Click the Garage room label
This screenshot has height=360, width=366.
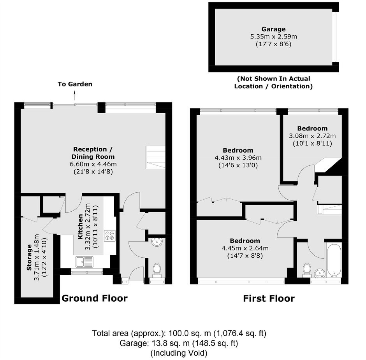[x=273, y=29]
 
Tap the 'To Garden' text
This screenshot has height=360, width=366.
[x=75, y=84]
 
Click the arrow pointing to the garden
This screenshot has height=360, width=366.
[x=75, y=96]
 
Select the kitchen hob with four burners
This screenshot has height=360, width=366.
[x=110, y=235]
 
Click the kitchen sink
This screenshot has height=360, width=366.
[x=84, y=262]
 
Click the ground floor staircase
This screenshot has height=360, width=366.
[x=155, y=157]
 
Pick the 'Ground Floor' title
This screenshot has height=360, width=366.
[x=95, y=299]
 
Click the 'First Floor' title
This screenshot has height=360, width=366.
[x=269, y=299]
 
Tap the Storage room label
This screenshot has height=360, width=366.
[x=29, y=257]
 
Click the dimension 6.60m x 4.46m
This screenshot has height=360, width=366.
[x=93, y=164]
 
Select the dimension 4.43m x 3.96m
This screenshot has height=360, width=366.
[x=238, y=158]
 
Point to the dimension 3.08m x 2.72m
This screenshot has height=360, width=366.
[x=312, y=136]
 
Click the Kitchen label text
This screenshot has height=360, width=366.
[x=80, y=227]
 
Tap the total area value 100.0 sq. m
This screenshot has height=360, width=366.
[x=190, y=333]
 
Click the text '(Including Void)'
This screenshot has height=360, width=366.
[x=179, y=353]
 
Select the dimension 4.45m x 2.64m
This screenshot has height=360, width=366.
[x=245, y=248]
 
